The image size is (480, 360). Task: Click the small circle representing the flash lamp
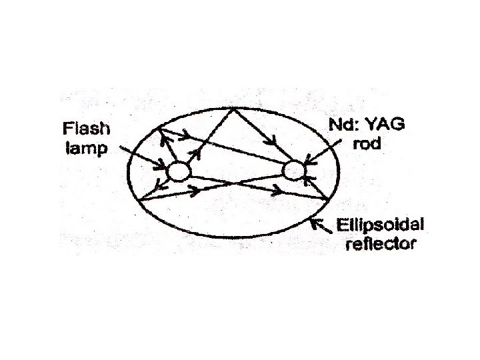(179, 171)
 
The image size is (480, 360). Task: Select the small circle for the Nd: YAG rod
(293, 171)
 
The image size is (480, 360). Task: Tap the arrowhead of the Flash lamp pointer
(162, 165)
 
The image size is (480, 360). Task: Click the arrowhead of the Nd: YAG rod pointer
(307, 161)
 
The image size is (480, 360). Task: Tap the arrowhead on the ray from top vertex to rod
(274, 143)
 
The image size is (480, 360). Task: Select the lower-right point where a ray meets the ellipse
(327, 199)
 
